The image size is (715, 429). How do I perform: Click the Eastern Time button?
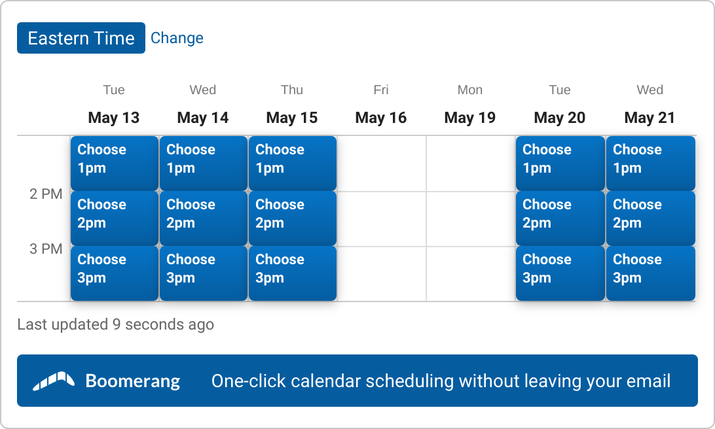(x=81, y=38)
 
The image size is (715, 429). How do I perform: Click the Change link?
(x=177, y=38)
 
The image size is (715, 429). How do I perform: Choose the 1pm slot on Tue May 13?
(x=115, y=163)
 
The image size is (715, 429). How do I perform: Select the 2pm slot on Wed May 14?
(x=204, y=218)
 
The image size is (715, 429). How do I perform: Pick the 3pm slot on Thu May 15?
(x=293, y=273)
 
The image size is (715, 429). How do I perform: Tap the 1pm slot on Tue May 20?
(x=560, y=163)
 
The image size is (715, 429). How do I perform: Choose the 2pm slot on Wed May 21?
(x=651, y=218)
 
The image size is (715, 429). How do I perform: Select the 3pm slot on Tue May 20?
(x=560, y=273)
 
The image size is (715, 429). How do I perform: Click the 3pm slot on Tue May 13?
(x=115, y=273)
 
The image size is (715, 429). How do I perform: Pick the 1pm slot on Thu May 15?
(x=293, y=163)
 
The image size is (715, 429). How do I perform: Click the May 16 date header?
(x=381, y=118)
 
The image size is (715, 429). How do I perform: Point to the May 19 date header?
(x=470, y=118)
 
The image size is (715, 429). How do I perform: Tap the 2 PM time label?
(x=46, y=194)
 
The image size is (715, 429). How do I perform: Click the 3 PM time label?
(x=46, y=249)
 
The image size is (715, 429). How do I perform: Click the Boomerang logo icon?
(x=54, y=381)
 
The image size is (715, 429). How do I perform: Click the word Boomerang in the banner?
(x=133, y=381)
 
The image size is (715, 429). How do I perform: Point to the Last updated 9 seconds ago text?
(x=116, y=324)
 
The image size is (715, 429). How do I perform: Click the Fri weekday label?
(x=381, y=90)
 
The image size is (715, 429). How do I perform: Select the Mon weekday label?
(x=470, y=90)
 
